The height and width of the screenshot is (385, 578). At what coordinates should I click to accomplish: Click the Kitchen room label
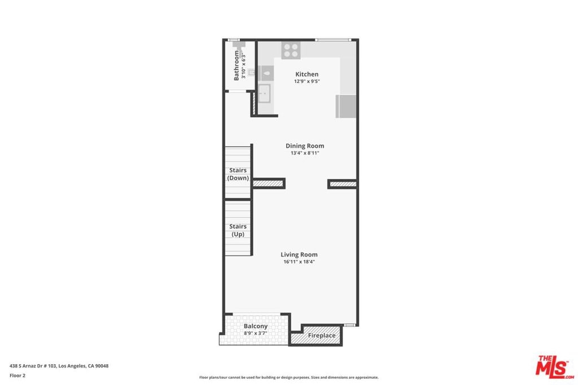point(306,74)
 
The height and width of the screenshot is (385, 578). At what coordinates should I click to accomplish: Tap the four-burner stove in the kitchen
point(291,50)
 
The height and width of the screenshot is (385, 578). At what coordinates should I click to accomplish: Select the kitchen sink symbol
point(264,94)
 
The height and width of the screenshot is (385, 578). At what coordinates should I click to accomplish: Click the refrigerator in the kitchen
point(346,107)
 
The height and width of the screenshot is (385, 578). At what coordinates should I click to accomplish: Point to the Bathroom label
point(237,65)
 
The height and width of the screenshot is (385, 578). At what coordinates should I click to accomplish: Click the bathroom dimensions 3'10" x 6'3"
point(243,67)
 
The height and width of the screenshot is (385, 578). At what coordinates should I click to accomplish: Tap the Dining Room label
point(305,146)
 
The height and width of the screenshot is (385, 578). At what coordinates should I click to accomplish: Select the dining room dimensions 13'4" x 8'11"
point(305,153)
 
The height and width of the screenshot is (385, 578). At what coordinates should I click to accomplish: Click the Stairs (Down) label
point(238,174)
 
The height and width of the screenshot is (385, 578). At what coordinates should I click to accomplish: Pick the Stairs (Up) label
point(238,231)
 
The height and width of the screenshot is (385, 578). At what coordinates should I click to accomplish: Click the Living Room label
point(299,255)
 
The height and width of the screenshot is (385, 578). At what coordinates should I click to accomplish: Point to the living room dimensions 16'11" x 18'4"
point(299,262)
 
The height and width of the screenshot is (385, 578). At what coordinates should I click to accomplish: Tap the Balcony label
point(256,326)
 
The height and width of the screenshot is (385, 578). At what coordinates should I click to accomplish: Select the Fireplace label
point(322,336)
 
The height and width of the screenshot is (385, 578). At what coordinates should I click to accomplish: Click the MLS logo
point(554,367)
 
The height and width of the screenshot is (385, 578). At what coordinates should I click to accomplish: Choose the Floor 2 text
point(17,375)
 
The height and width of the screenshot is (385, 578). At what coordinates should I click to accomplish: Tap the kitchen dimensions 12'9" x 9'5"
point(306,81)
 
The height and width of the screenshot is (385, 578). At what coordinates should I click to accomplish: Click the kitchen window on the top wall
point(333,40)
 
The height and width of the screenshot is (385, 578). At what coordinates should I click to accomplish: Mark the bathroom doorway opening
point(236,91)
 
